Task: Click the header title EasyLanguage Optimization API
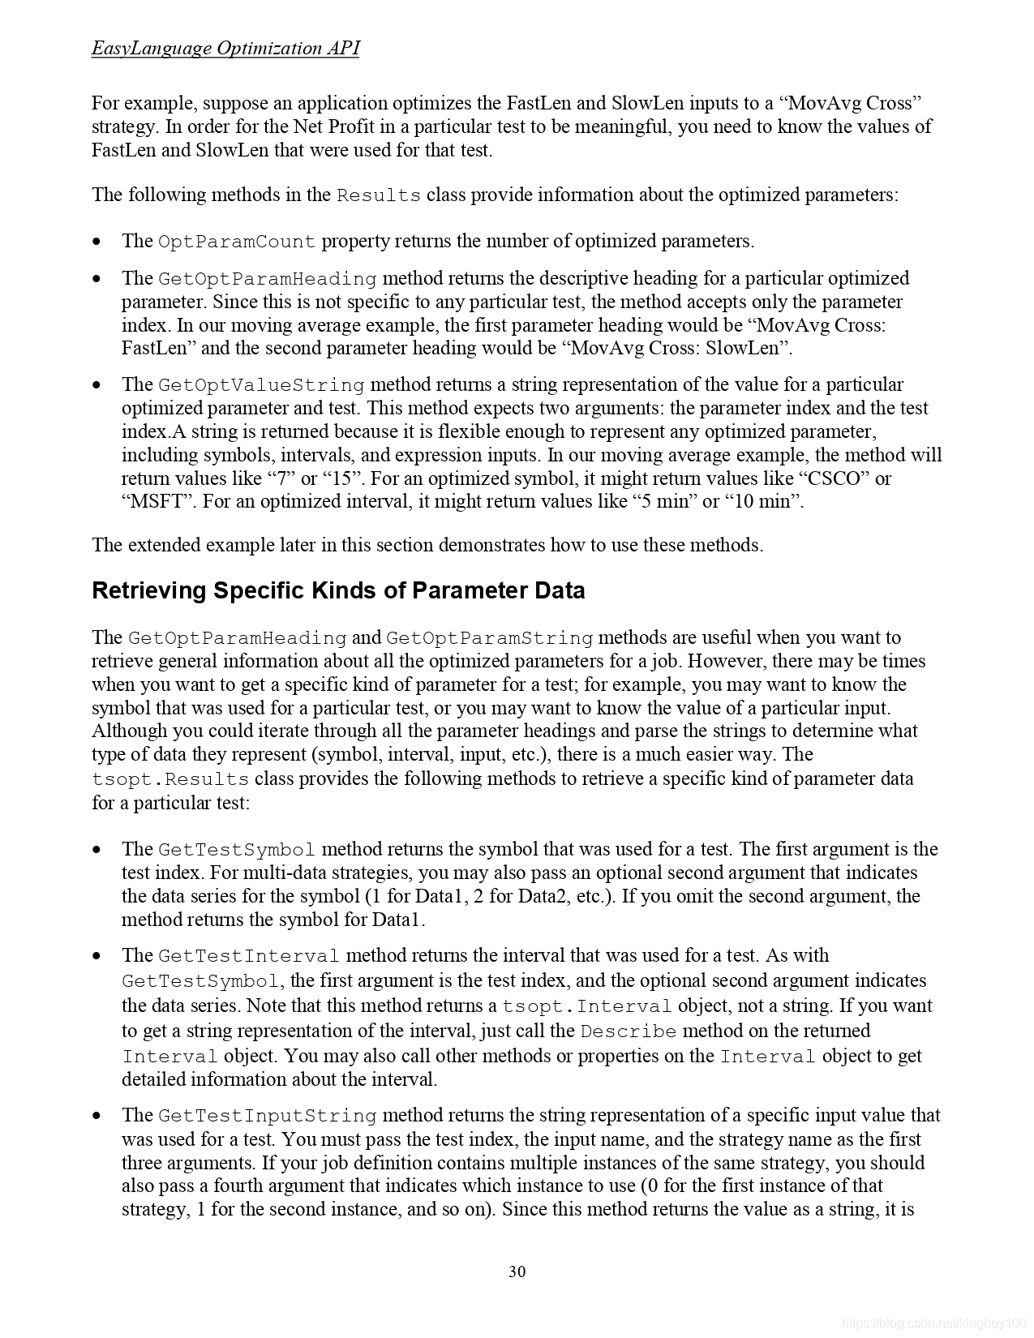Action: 225,48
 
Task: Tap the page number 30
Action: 517,1271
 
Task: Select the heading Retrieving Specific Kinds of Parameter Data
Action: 338,590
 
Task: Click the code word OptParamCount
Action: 237,242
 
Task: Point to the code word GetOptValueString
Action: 261,385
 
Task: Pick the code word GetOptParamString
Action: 489,638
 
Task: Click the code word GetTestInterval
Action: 249,956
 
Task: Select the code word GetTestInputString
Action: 268,1116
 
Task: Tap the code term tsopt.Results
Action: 170,779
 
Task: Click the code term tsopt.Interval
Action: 587,1006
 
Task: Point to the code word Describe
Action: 629,1031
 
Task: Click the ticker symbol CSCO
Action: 834,478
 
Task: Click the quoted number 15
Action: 341,478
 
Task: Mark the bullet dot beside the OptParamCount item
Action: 97,242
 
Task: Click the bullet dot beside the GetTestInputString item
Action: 97,1116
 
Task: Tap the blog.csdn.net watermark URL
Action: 933,1323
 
